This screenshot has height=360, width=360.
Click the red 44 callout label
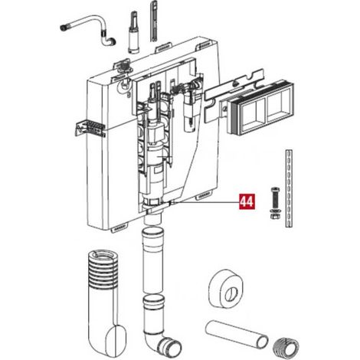click(247, 201)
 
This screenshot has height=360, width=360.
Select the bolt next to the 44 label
click(275, 203)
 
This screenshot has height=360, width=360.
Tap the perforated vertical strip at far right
click(289, 188)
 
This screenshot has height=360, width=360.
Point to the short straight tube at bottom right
click(237, 334)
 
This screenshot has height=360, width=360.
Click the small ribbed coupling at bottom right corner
click(286, 347)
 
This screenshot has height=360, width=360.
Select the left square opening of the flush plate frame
click(253, 111)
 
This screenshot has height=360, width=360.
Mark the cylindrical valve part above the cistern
click(134, 32)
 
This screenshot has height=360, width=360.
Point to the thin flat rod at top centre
click(154, 21)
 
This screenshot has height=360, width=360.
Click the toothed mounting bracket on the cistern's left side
click(90, 128)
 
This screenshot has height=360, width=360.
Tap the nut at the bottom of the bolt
click(275, 216)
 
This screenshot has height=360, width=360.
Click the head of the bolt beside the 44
click(275, 190)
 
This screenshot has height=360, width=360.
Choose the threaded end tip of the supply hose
click(64, 28)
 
